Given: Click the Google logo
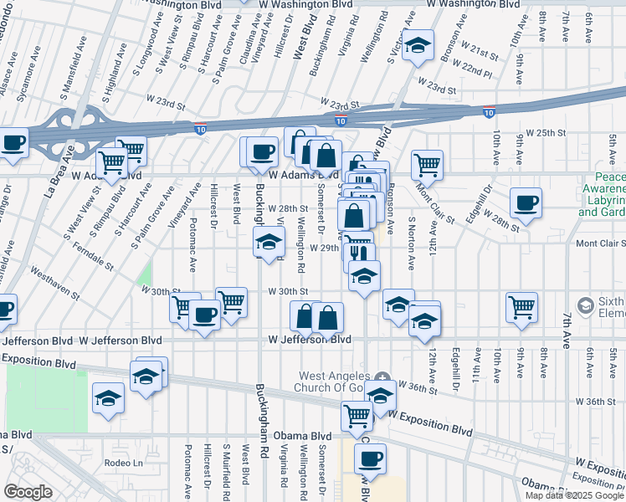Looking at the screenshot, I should point(28,492).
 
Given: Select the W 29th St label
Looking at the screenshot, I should point(324,248).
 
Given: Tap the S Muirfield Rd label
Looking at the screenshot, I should point(226,474).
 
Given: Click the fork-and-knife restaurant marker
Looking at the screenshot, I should point(359,253).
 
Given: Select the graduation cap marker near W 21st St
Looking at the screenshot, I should point(417,45).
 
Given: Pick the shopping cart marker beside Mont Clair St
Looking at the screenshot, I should point(427,164).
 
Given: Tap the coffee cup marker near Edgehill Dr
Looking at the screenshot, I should point(526,202).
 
